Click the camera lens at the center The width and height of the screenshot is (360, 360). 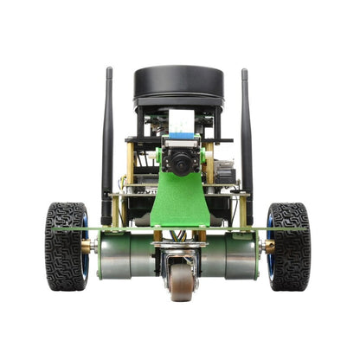179,163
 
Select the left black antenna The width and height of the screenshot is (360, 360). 108,138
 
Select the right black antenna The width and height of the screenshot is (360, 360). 246,138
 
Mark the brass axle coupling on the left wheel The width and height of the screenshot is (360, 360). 89,247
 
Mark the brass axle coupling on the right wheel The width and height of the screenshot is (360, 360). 267,247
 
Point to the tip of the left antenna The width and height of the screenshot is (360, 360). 109,71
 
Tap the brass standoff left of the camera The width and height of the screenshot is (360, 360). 132,164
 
